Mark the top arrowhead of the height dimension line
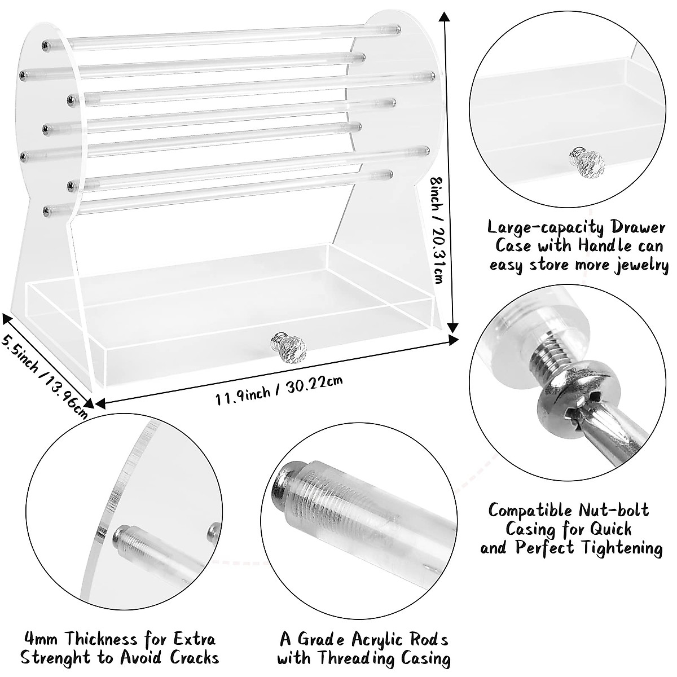point(446,17)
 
